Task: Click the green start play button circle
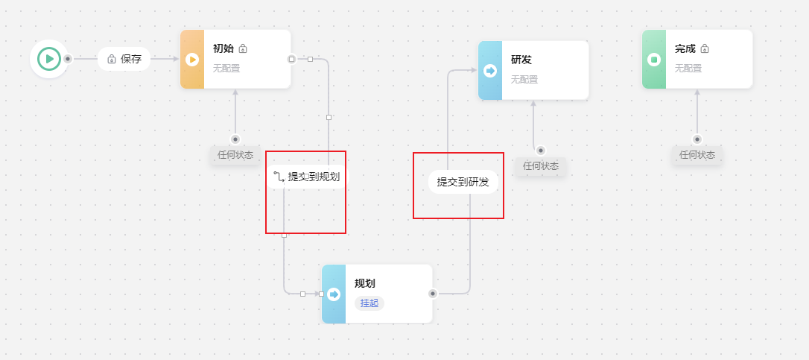[x=49, y=58]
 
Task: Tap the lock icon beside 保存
[x=112, y=59]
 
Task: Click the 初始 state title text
[x=223, y=48]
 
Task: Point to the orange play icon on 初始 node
[x=192, y=59]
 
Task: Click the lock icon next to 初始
[x=243, y=48]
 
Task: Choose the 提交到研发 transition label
[x=463, y=181]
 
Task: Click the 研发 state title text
[x=521, y=59]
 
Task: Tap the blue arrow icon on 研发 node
[x=490, y=70]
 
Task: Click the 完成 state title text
[x=685, y=48]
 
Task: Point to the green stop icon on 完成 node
[x=654, y=59]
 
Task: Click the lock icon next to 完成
[x=705, y=48]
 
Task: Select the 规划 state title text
[x=364, y=283]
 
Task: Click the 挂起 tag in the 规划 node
[x=369, y=303]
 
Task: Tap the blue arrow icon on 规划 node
[x=334, y=294]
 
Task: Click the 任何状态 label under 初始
[x=235, y=155]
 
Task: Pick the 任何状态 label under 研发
[x=541, y=165]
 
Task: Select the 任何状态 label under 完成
[x=697, y=155]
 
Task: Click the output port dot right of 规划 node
[x=433, y=294]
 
